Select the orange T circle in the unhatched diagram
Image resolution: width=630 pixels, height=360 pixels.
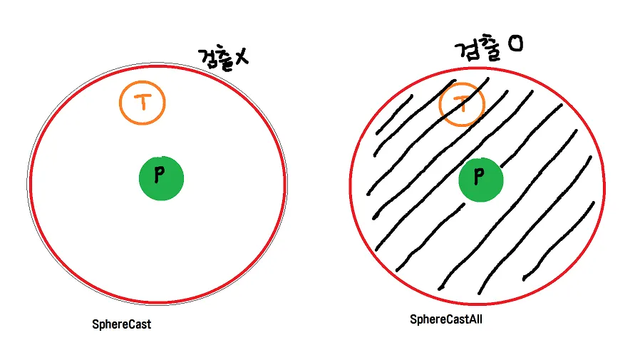click(x=143, y=103)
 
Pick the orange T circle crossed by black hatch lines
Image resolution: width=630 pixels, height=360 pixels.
click(x=462, y=105)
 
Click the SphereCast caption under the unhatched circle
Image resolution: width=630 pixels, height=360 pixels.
click(x=122, y=324)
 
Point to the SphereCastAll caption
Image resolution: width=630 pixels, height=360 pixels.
click(x=447, y=319)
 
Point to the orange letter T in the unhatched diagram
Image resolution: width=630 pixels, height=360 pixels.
click(x=143, y=103)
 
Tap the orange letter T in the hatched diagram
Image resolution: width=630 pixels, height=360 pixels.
click(x=462, y=105)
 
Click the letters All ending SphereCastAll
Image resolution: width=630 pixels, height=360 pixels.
click(x=475, y=319)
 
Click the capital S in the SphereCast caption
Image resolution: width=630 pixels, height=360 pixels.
click(x=95, y=324)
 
